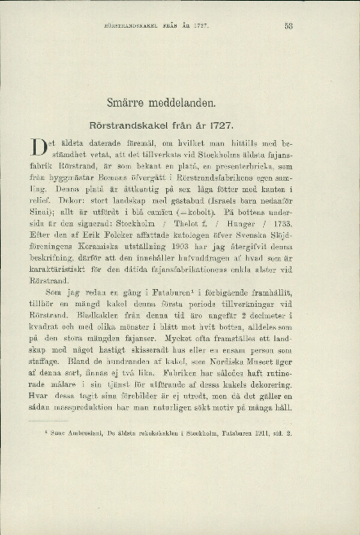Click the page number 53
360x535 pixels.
click(288, 26)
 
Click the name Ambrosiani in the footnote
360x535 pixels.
click(85, 447)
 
